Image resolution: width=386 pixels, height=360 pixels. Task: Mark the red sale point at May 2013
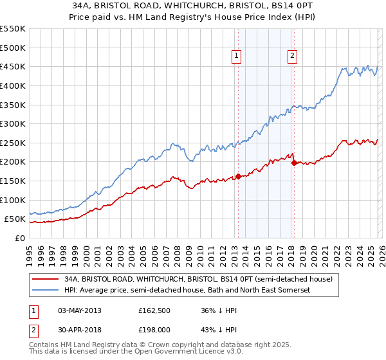pos(238,175)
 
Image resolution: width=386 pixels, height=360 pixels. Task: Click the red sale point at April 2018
pos(294,163)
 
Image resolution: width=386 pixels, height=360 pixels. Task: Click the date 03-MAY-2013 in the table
pos(80,310)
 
